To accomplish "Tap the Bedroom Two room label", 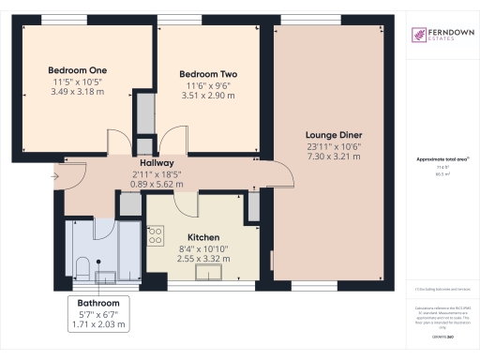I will [202, 74].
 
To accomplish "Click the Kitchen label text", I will [202, 237].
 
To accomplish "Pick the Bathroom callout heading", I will [97, 304].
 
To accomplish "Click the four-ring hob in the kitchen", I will [157, 235].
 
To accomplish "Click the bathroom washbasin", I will [107, 276].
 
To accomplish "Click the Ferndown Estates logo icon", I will [418, 37].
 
